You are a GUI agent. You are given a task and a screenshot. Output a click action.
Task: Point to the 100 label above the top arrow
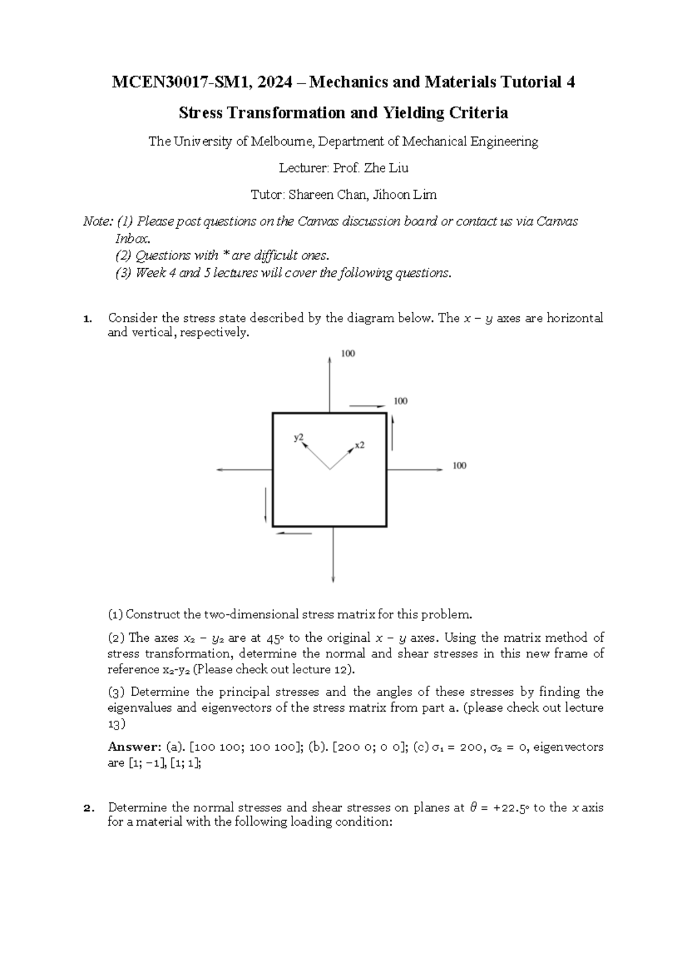[x=348, y=354]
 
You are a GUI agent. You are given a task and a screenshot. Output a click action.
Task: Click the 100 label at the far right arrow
[x=459, y=465]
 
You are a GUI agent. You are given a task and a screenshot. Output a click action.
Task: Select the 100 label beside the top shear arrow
[x=400, y=401]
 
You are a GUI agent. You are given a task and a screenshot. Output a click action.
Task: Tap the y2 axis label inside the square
[x=299, y=437]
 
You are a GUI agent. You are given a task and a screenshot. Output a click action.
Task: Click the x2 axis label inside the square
[x=360, y=445]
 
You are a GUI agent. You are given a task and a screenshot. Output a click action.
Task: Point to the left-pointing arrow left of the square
[x=243, y=470]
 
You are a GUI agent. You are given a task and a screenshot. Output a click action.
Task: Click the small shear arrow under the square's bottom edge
[x=294, y=533]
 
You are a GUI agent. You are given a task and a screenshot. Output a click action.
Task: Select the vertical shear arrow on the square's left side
[x=266, y=505]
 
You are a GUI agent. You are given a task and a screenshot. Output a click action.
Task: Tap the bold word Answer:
[x=135, y=747]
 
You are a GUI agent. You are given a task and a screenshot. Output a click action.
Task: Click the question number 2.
[x=87, y=808]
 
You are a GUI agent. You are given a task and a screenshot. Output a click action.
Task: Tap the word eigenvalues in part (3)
[x=140, y=708]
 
